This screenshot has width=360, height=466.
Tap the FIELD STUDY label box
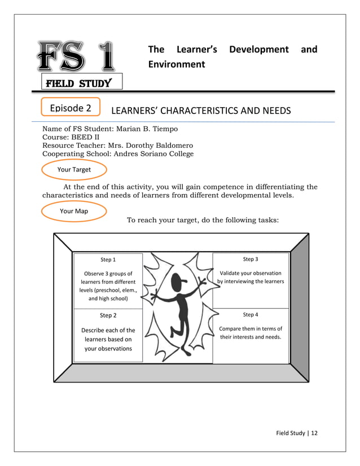(x=78, y=84)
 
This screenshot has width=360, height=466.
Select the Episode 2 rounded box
(x=71, y=107)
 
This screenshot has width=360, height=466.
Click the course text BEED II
(x=87, y=137)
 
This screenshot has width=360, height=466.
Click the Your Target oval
(x=74, y=169)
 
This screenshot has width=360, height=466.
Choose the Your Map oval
(x=74, y=211)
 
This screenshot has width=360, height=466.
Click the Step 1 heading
(x=108, y=260)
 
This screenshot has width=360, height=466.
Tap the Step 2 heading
(x=108, y=315)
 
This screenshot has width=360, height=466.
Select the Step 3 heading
(x=251, y=259)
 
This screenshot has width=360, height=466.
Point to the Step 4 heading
(x=251, y=314)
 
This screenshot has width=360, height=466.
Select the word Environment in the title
(x=177, y=64)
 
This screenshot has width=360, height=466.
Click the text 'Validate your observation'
(x=251, y=273)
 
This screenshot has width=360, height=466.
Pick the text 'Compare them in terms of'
(x=251, y=328)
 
